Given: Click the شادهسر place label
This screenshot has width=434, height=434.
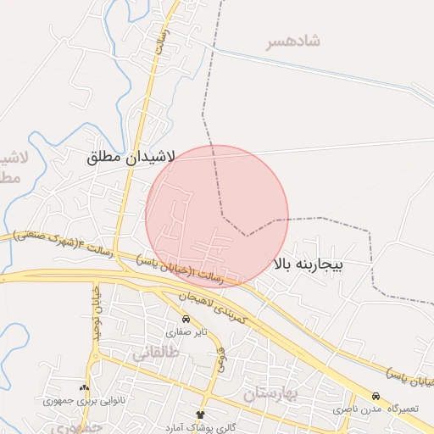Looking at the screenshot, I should coord(292,41).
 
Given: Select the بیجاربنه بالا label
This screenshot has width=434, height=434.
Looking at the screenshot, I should coord(308,264).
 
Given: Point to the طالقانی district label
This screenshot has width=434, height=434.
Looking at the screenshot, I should coord(155,354).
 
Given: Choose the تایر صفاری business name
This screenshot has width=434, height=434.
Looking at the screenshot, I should coord(184,332).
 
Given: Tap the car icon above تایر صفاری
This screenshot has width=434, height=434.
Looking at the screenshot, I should coord(186,320).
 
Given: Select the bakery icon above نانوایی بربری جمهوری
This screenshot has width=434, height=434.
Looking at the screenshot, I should coord(83,387).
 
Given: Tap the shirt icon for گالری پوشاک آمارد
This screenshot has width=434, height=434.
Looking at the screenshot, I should coord(200,414).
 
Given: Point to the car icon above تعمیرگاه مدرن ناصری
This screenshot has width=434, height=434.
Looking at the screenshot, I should coord(376,396).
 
